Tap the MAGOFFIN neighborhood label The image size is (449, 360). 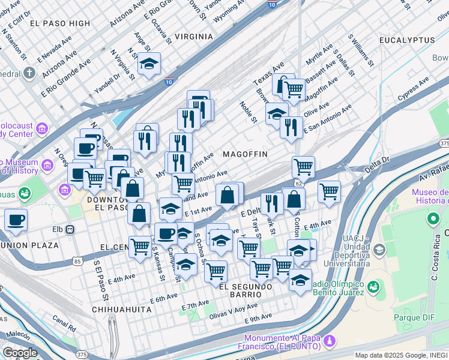tap(245, 154)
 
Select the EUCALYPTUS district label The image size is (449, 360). tap(406, 40)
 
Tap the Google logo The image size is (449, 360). tap(20, 353)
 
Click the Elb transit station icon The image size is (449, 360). tap(70, 229)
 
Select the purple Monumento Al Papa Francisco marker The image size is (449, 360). tap(328, 341)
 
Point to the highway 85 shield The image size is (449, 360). tap(77, 261)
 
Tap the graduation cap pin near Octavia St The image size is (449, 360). tap(148, 63)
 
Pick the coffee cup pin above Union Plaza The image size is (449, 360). tap(16, 219)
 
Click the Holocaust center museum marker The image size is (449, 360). tap(42, 128)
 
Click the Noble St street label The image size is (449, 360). tap(250, 112)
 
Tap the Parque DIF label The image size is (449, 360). tap(414, 316)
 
